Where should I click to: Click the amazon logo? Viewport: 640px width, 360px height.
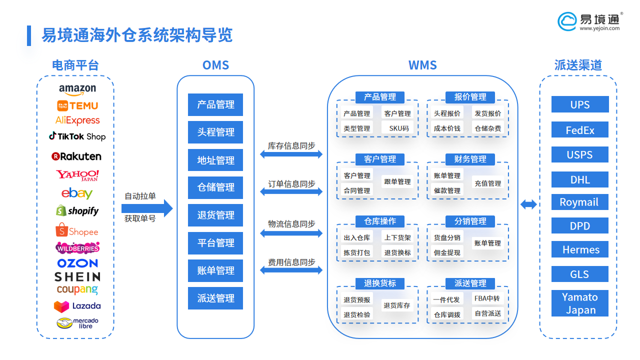tap(77, 89)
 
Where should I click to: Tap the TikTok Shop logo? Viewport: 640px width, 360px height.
tap(77, 136)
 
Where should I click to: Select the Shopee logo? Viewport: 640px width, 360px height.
tap(77, 231)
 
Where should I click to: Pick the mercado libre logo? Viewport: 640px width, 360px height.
tap(77, 323)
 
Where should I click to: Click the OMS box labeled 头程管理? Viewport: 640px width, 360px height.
tap(215, 132)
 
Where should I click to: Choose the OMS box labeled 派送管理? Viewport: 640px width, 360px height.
tap(215, 298)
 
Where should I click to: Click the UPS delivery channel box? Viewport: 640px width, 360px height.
tap(580, 104)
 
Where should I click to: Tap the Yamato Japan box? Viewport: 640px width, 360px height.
tap(580, 303)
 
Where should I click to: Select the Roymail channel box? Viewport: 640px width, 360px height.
tap(580, 202)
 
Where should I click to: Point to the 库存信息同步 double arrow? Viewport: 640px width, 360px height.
tap(291, 154)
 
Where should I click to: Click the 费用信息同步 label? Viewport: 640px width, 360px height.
tap(291, 262)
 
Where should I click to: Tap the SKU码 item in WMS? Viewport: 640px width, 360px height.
tap(398, 128)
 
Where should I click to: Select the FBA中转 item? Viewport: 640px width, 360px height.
tap(487, 298)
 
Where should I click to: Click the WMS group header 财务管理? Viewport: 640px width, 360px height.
tap(470, 159)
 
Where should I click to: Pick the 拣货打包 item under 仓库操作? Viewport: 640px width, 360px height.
tap(356, 252)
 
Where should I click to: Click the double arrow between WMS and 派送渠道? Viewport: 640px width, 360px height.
tap(528, 204)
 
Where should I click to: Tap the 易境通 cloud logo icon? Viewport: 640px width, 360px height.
tap(567, 21)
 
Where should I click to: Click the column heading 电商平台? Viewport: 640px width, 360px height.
tap(75, 65)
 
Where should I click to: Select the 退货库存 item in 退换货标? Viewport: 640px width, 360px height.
tap(397, 305)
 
